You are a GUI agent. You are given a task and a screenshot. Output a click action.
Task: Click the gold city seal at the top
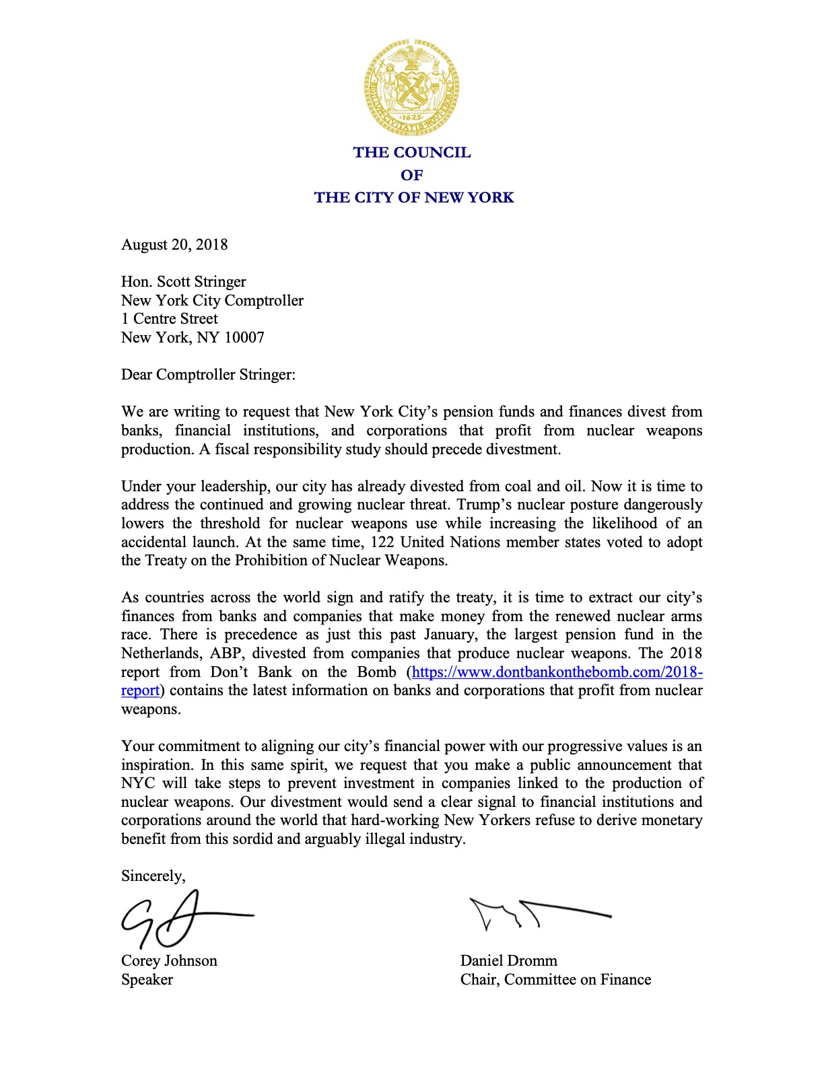[412, 87]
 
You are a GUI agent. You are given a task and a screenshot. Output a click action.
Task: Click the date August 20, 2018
[174, 244]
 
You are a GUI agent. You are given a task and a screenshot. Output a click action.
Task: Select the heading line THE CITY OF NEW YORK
[413, 197]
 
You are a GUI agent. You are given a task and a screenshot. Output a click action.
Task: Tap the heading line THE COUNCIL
[412, 152]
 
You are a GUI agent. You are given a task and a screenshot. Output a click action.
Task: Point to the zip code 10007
[244, 337]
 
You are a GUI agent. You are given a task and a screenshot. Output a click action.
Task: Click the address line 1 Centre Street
[170, 318]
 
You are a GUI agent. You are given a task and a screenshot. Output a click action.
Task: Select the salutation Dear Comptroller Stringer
[208, 374]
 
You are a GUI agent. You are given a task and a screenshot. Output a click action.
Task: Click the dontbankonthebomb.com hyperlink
[557, 672]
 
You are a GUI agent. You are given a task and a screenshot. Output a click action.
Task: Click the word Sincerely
[153, 876]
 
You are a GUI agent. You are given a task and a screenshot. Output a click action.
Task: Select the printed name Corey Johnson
[169, 960]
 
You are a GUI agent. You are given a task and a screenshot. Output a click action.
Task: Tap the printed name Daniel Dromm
[508, 960]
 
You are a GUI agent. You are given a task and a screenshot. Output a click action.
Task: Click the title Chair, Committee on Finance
[555, 979]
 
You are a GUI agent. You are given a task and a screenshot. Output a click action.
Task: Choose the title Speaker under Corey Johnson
[147, 979]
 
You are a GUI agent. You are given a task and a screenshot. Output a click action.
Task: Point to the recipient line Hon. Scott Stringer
[183, 281]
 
